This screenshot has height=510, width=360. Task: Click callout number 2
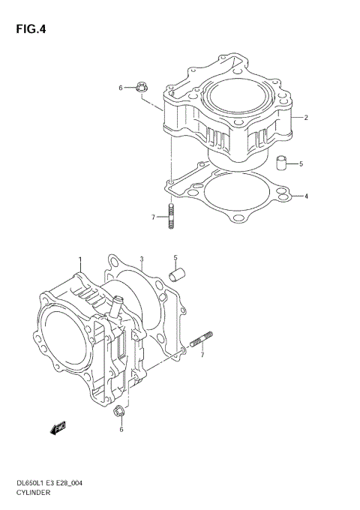(305, 117)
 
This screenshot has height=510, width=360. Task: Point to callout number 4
(305, 196)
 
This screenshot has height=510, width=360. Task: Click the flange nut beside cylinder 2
(141, 88)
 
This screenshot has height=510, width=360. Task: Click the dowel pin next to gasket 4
(281, 163)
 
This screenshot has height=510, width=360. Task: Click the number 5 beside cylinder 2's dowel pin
(300, 163)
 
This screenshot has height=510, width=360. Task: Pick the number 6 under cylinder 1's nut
(120, 430)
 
